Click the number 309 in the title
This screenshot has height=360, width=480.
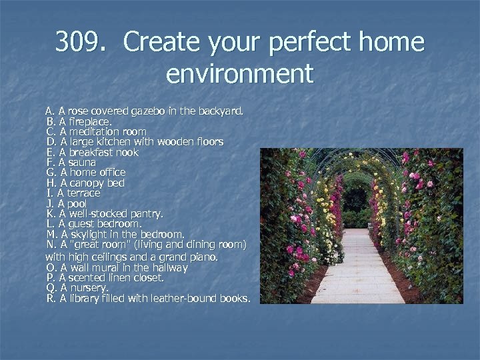[x=79, y=43]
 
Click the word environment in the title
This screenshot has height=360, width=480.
[x=239, y=73]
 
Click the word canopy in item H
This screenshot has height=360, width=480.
[x=88, y=183]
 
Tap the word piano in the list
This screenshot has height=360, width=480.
[x=203, y=257]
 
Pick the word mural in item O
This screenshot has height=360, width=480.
[x=106, y=267]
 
